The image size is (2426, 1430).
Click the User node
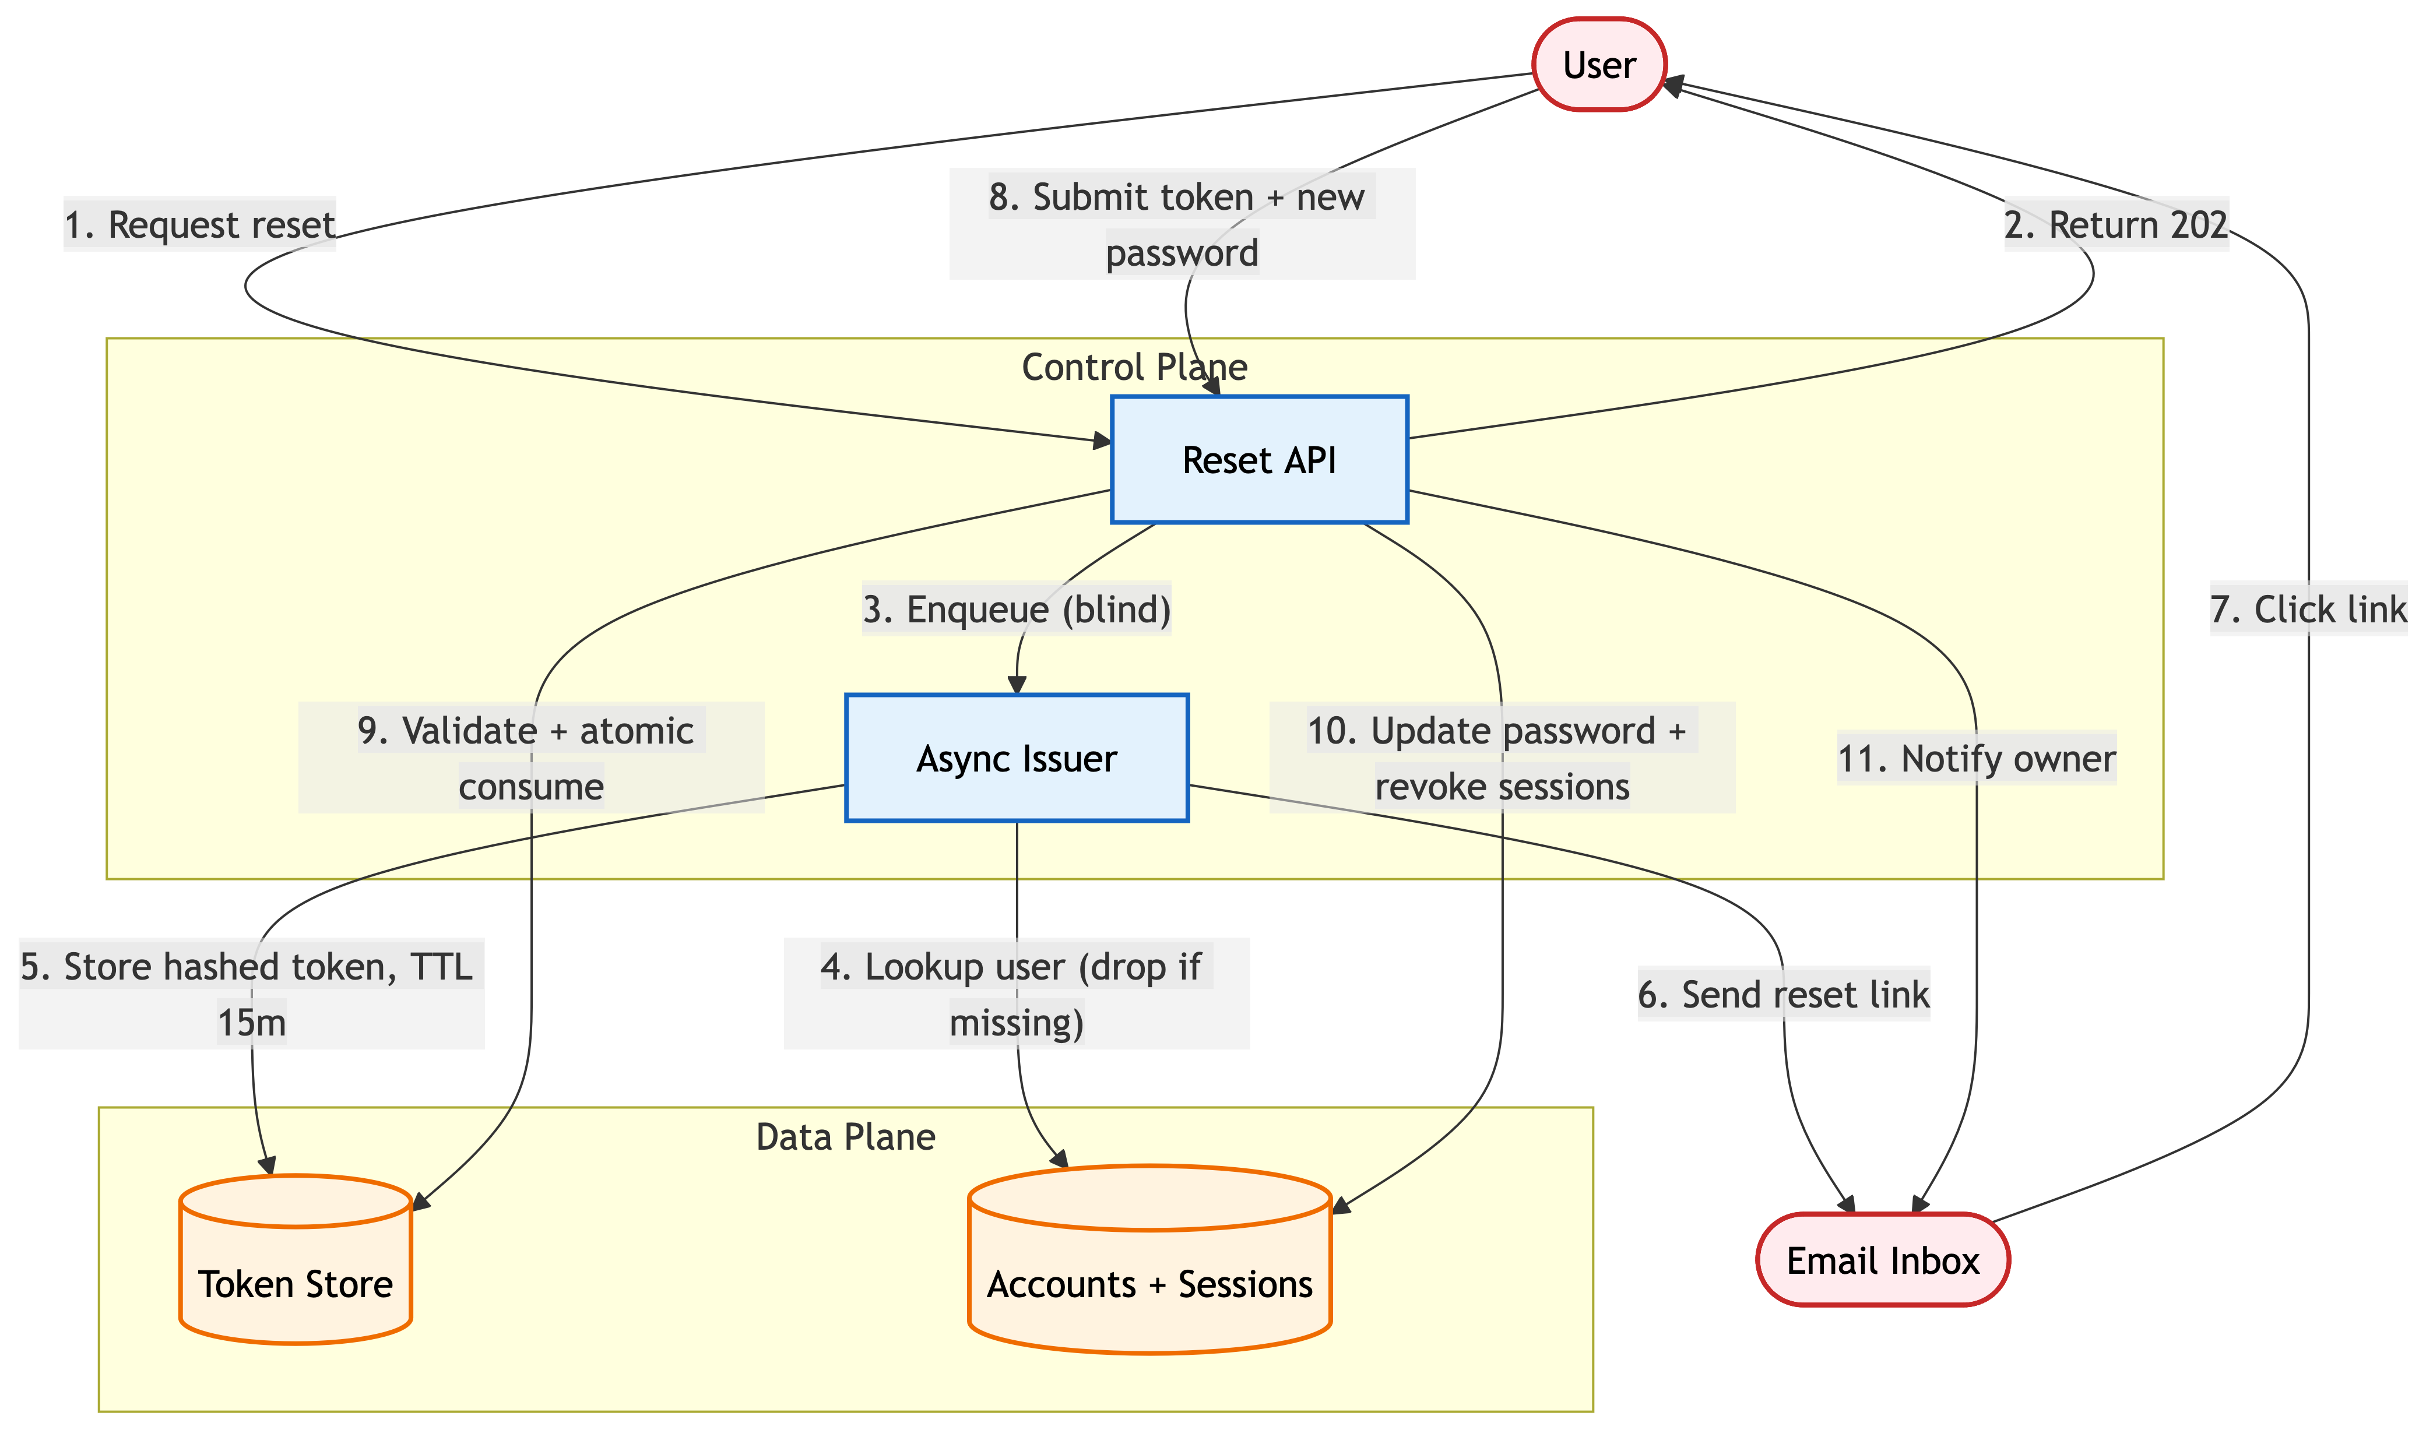(1598, 65)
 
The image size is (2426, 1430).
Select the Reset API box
(1259, 460)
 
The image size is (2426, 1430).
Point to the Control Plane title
(1134, 367)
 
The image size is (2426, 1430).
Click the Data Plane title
(845, 1137)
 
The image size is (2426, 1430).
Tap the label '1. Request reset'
(199, 224)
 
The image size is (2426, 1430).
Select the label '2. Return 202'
(2116, 224)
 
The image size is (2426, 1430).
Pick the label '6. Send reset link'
(1783, 994)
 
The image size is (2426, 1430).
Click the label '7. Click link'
(2308, 609)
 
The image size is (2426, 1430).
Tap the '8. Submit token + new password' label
(1182, 224)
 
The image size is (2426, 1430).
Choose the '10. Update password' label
(1502, 758)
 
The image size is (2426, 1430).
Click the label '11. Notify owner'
(1976, 758)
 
